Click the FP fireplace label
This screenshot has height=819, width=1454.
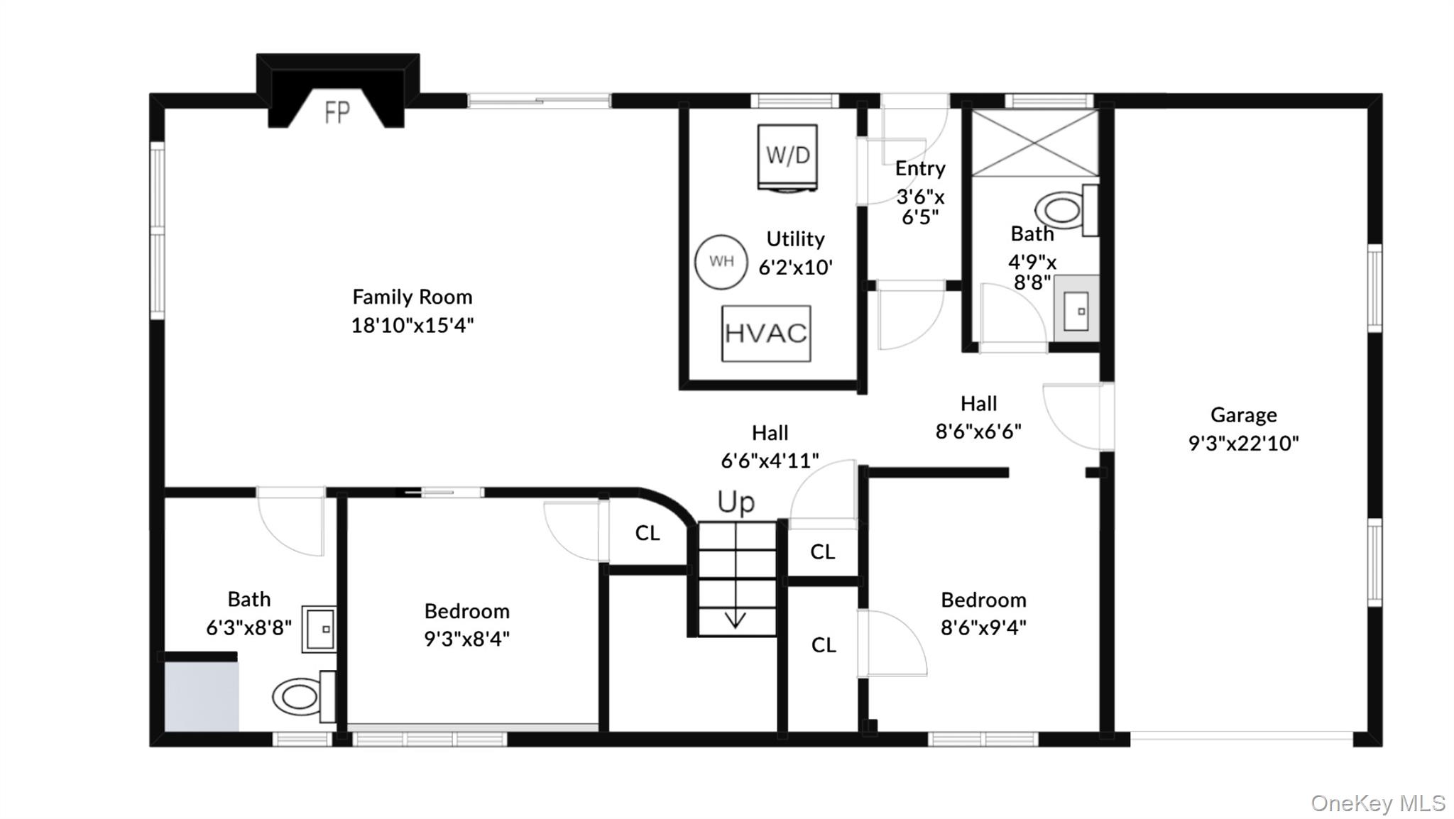pos(337,112)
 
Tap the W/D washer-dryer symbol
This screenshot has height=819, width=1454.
pos(787,158)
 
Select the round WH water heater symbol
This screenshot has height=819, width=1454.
pos(721,262)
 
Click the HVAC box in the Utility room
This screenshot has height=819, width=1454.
pos(766,334)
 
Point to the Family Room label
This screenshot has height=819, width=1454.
pos(412,297)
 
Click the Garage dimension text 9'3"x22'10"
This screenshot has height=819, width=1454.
pos(1244,444)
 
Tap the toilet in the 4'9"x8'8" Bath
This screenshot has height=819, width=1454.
pos(1066,210)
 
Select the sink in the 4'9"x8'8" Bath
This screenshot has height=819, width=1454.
pos(1076,309)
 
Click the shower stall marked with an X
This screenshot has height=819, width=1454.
pos(1034,143)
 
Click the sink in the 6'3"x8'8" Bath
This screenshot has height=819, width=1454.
pos(319,629)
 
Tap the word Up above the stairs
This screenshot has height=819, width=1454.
pos(736,502)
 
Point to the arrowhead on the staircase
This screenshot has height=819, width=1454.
pos(735,620)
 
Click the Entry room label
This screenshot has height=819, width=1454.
pos(920,168)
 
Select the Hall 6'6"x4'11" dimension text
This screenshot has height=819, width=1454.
pos(770,461)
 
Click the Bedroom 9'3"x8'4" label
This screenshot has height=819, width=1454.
pos(467,611)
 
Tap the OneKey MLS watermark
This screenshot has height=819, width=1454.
pos(1378,803)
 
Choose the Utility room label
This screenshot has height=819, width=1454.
pos(795,239)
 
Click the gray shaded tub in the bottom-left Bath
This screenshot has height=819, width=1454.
pos(202,696)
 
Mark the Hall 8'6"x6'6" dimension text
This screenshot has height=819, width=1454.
pos(978,432)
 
